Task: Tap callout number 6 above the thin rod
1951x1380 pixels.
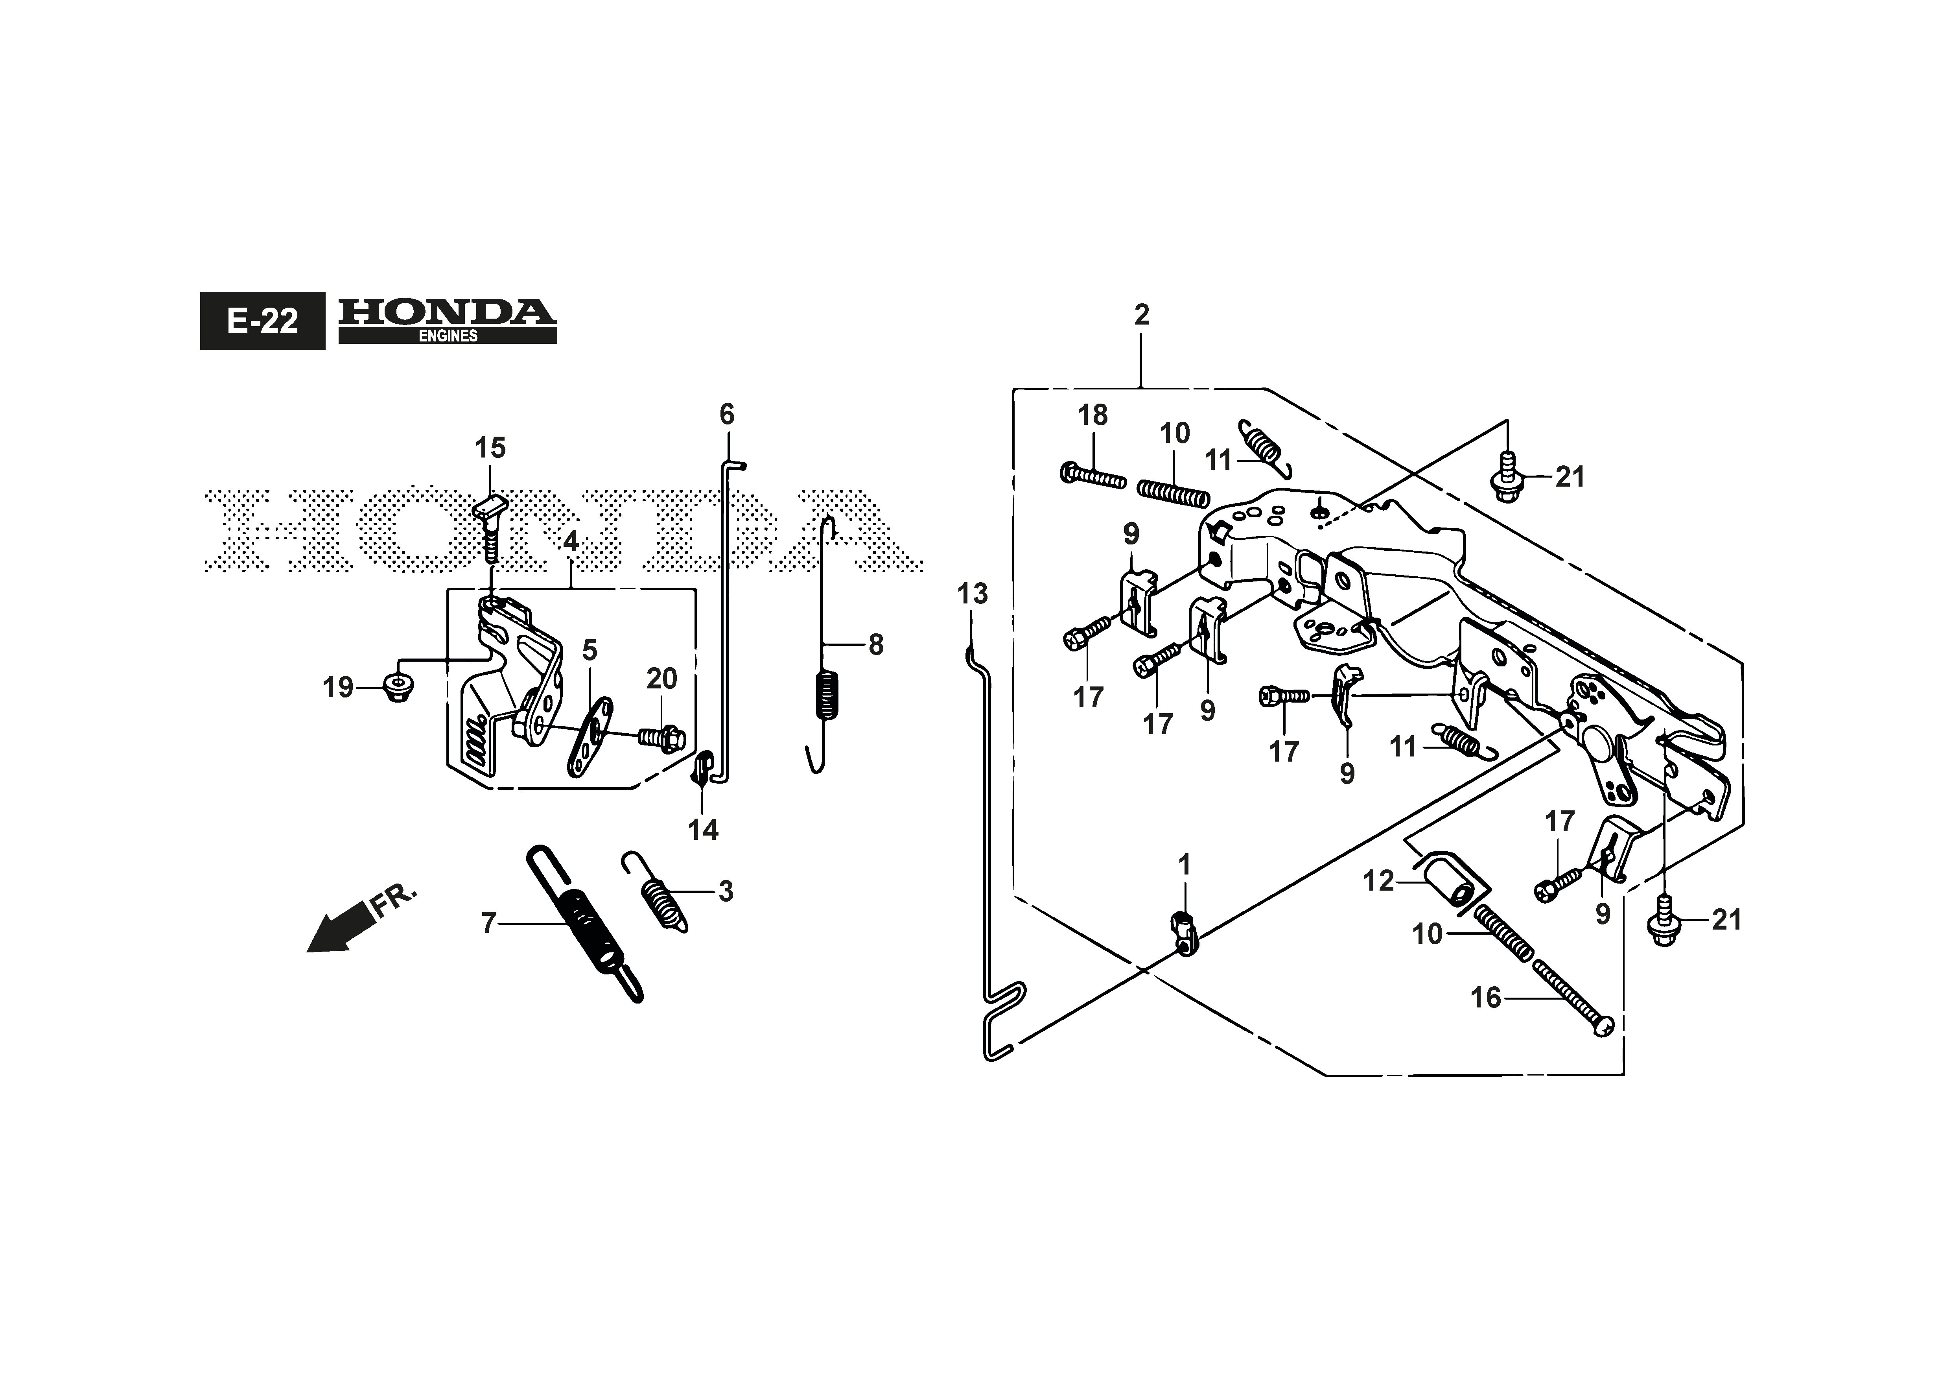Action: pyautogui.click(x=726, y=415)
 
